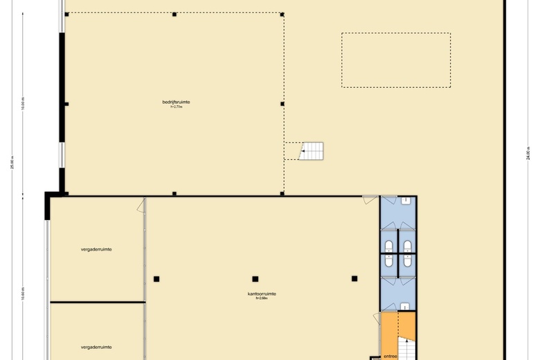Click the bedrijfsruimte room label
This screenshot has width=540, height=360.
pos(176,102)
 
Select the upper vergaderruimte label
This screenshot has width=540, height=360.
pos(96,249)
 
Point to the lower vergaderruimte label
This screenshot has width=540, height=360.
pos(96,347)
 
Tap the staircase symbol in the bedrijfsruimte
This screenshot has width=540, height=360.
pos(312,150)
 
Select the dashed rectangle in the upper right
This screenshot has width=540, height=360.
pos(395,60)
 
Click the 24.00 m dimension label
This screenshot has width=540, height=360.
pos(528,153)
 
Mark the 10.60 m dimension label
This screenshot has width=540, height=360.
pos(22,295)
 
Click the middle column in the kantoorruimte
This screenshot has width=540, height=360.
pos(255,279)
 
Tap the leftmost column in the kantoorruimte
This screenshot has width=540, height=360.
pos(156,279)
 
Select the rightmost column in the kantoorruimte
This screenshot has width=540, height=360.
pos(354,278)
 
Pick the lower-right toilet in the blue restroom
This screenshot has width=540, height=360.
pos(407,262)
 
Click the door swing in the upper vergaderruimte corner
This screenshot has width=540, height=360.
pos(141,206)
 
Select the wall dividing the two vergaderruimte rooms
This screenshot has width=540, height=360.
pos(97,303)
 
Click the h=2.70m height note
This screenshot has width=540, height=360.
pos(176,107)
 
